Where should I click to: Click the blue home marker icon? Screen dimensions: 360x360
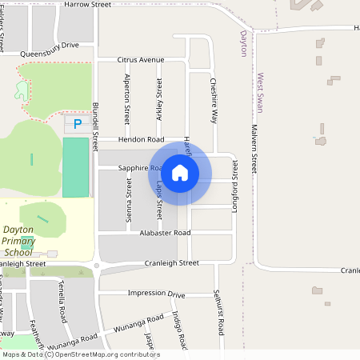180,172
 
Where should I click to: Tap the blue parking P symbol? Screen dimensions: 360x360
78,124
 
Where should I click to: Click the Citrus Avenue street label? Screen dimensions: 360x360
140,60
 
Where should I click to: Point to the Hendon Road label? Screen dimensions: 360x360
141,139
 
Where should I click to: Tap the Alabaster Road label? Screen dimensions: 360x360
165,233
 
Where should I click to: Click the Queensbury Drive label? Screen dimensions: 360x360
49,46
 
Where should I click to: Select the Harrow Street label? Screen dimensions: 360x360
87,4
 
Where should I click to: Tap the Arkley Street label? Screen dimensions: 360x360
159,98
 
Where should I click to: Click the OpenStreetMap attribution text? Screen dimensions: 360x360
81,354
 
